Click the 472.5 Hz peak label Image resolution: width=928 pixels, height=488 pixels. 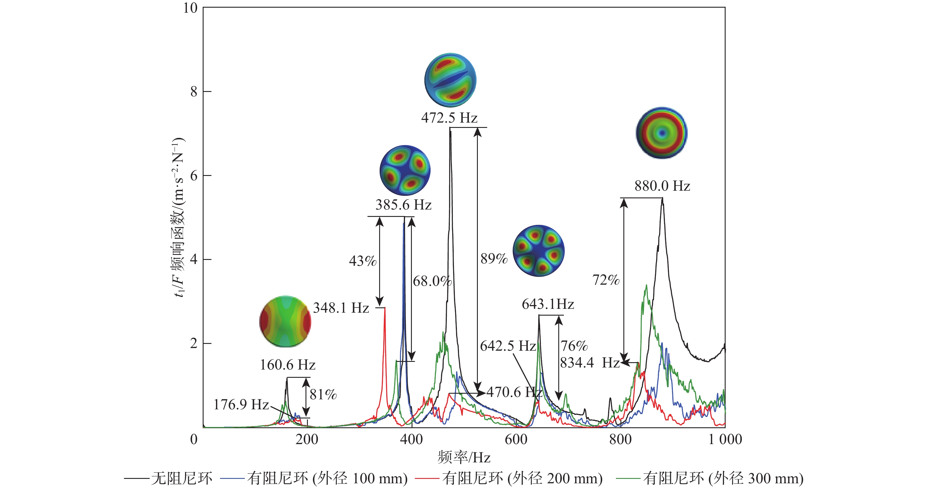[449, 118]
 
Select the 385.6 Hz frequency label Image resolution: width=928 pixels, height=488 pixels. [404, 205]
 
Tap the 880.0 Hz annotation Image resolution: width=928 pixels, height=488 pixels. [662, 186]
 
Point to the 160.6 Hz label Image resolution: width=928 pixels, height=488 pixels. [288, 365]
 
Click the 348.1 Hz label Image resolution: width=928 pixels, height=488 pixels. [341, 308]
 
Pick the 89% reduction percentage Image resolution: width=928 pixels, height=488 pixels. [494, 258]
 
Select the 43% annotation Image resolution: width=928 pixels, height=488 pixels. [362, 261]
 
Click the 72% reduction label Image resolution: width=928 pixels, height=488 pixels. [606, 280]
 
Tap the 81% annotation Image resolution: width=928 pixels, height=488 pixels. [323, 394]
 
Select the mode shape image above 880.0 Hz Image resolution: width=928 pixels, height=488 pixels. [661, 133]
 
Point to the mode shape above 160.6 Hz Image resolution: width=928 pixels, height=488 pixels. [285, 322]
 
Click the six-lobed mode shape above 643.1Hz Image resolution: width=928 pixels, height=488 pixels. [539, 251]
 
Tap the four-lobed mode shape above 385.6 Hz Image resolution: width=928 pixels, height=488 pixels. [405, 170]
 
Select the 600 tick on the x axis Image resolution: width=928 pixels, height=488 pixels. [516, 439]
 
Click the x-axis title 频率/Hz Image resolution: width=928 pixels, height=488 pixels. [464, 457]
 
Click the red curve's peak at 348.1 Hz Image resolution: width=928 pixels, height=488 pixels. [385, 309]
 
